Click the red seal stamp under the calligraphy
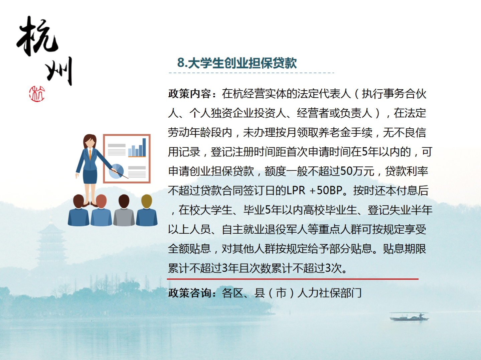[37, 94]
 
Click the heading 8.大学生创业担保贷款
[237, 63]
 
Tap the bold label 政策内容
[189, 94]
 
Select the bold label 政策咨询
[189, 293]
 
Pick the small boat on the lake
[409, 316]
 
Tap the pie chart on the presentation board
[116, 171]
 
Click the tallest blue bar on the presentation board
[144, 147]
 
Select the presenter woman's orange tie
[90, 154]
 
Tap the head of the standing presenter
[90, 141]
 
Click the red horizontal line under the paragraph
[293, 279]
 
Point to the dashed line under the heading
[251, 73]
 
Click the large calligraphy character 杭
[37, 36]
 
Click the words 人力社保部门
[329, 293]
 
